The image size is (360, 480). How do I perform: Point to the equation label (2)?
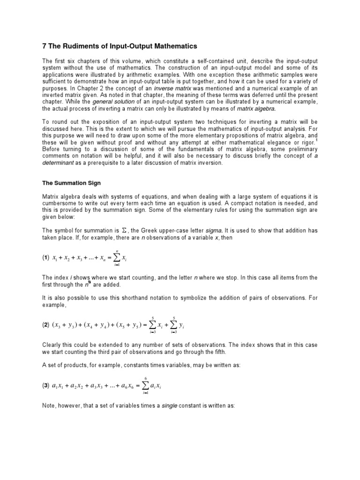(46, 325)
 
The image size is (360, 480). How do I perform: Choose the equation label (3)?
(46, 385)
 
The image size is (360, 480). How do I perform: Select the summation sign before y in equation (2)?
(174, 324)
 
